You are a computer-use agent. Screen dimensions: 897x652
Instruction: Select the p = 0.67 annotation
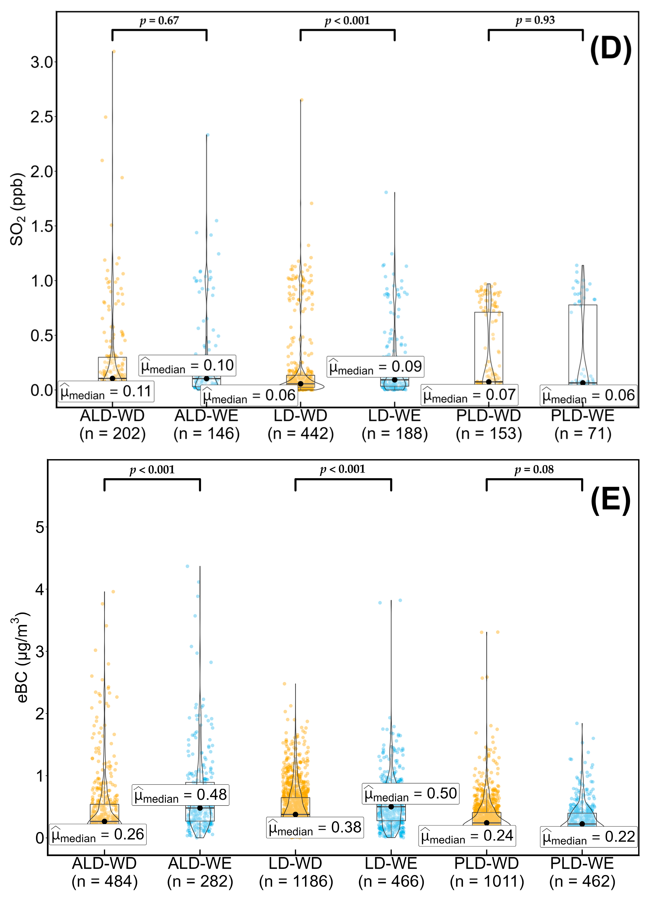click(159, 20)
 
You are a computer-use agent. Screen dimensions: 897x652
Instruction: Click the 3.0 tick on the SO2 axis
click(42, 62)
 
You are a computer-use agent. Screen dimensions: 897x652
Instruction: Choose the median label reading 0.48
click(181, 795)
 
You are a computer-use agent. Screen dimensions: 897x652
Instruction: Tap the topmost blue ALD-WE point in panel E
click(188, 566)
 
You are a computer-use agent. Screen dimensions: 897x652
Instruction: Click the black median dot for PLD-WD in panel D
click(489, 382)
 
